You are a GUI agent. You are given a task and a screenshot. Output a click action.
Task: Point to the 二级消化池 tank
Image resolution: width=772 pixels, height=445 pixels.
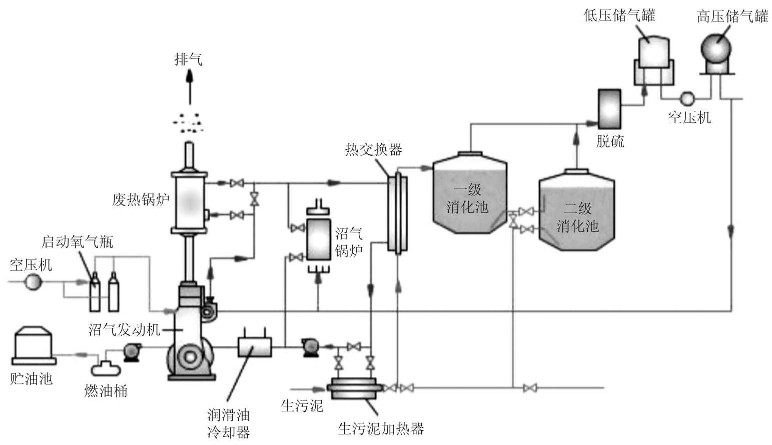(576, 210)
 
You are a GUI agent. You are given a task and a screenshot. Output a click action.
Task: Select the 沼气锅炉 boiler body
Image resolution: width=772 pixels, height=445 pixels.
(318, 239)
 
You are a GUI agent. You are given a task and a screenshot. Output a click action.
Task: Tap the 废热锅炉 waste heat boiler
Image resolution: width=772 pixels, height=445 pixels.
(189, 202)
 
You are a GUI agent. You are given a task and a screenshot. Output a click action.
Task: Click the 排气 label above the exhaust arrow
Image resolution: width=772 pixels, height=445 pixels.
(188, 59)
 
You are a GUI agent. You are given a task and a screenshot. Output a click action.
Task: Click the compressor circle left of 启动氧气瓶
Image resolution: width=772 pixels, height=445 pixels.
(33, 282)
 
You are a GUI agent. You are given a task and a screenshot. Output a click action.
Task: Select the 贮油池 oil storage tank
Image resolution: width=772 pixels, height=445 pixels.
(33, 345)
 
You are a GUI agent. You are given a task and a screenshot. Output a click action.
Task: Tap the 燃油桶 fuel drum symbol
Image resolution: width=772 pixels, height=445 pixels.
(106, 368)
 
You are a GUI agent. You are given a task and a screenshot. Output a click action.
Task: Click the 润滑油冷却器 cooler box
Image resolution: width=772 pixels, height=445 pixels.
(254, 346)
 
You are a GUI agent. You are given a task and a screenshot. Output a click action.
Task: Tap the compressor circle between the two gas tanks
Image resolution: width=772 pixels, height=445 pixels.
(686, 98)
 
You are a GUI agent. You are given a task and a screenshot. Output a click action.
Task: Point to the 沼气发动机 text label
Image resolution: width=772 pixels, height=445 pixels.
(124, 329)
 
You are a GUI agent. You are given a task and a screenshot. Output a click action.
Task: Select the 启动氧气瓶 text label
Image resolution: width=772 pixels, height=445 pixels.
(77, 242)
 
